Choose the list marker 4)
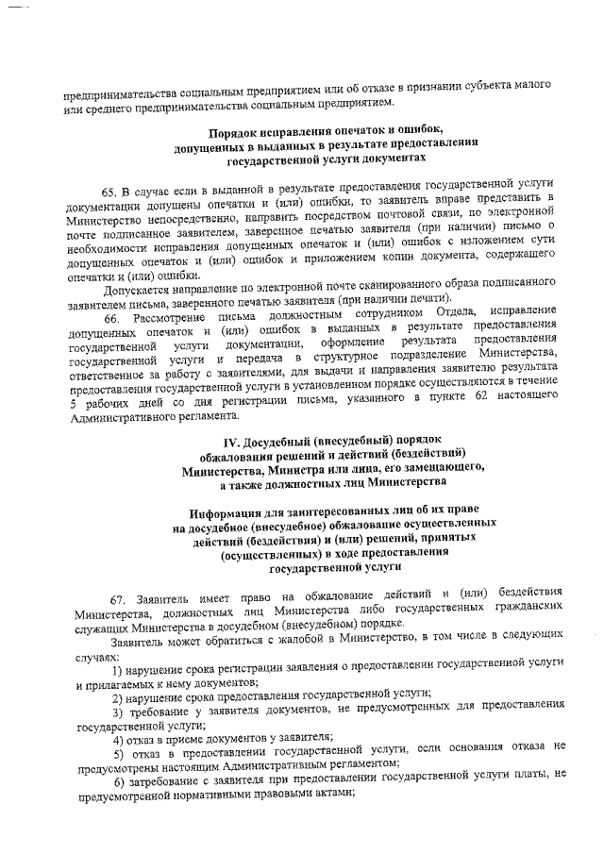click(x=119, y=736)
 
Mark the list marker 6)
click(x=119, y=777)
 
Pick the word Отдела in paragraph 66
click(x=460, y=314)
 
